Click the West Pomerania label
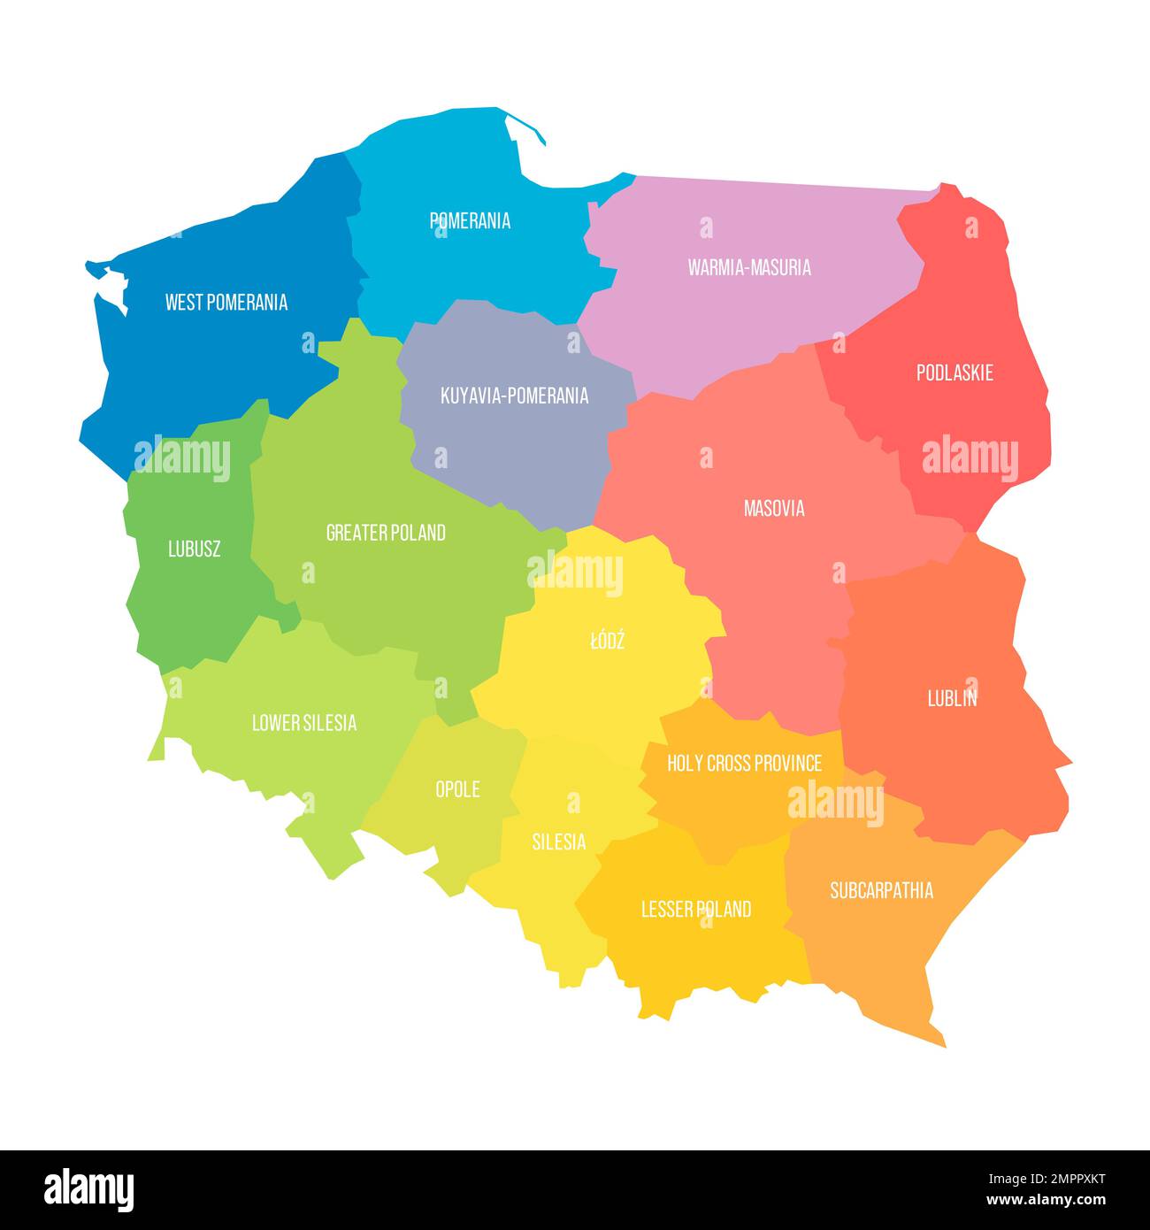(x=226, y=303)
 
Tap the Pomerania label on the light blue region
(x=470, y=221)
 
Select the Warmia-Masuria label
(x=749, y=267)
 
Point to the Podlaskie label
(x=954, y=373)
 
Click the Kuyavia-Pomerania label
(x=514, y=396)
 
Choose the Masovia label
(x=774, y=509)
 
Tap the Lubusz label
(x=195, y=549)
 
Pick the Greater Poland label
(x=386, y=533)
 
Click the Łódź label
(x=607, y=640)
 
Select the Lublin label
(x=952, y=698)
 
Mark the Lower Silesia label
(x=304, y=723)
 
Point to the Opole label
(x=457, y=788)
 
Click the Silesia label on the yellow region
(x=558, y=842)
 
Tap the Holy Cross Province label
(x=744, y=763)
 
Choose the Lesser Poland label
(x=696, y=909)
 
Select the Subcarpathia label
(x=881, y=890)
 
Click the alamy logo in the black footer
(x=89, y=1189)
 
